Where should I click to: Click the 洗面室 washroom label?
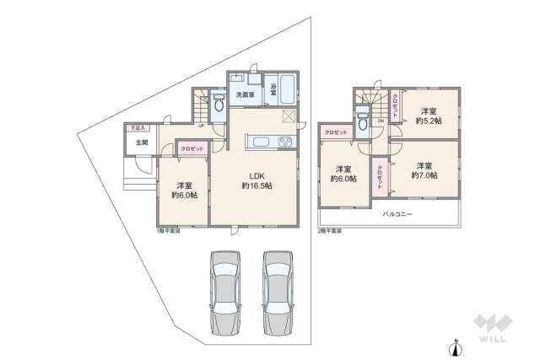point(246,94)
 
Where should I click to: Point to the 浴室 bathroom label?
point(274,88)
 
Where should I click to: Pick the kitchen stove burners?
point(283,141)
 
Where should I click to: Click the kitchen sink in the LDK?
point(257,141)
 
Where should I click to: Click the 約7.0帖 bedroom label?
point(424,170)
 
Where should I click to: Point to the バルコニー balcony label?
point(398,215)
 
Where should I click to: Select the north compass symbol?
point(456,346)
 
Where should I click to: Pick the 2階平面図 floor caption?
point(330,229)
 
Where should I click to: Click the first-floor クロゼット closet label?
point(192,148)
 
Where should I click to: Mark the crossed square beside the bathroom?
point(289,116)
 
